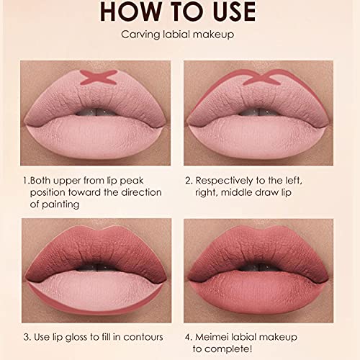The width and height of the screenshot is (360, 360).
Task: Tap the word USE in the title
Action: point(229,12)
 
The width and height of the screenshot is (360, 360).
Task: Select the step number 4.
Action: point(189,336)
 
